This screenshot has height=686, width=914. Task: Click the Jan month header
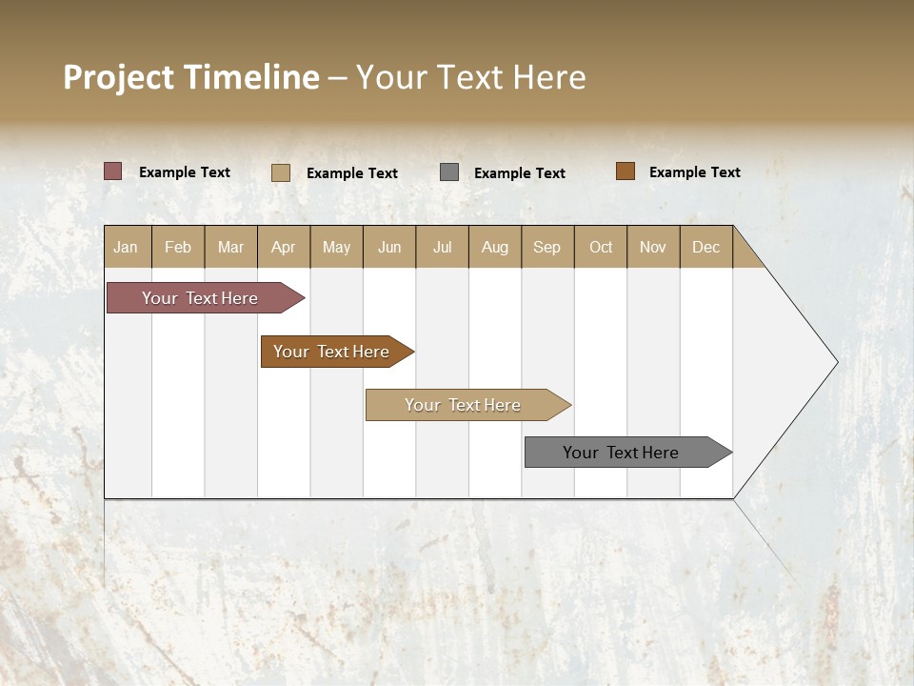(127, 247)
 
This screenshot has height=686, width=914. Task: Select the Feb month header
(178, 247)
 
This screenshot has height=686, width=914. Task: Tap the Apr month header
(284, 247)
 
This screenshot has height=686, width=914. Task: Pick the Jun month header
(389, 247)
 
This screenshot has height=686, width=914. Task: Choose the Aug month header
(495, 247)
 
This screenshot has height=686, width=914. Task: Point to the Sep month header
(547, 247)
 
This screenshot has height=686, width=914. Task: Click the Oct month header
(601, 247)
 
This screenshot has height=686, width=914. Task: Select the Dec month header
(706, 247)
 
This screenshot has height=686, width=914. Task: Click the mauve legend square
(112, 171)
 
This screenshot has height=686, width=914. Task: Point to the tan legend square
(280, 172)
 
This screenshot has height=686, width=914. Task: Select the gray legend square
(449, 171)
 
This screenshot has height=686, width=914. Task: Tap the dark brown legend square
(626, 171)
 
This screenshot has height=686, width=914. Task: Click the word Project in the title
(119, 77)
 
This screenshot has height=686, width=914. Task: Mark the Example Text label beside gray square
(519, 172)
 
